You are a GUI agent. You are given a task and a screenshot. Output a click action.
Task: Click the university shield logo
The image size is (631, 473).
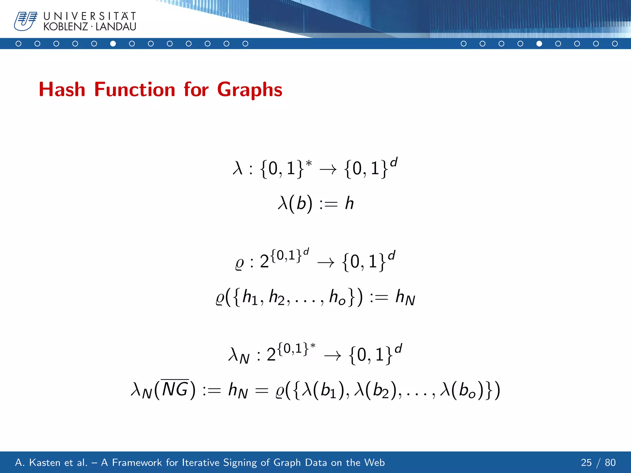coord(25,21)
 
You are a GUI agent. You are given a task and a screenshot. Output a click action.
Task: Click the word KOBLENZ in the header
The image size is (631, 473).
coord(66,27)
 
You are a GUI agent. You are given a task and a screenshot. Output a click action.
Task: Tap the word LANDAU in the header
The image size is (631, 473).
coord(116,27)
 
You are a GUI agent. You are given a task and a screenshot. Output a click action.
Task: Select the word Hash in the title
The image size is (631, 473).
coord(62,90)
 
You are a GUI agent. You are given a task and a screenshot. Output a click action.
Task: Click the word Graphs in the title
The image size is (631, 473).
coord(250,90)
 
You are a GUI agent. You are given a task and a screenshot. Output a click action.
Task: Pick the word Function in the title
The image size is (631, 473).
coord(135,90)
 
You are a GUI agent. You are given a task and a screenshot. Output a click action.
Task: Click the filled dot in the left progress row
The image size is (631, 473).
coord(113,44)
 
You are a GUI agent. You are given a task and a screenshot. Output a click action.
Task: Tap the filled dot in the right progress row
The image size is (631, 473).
coord(539,44)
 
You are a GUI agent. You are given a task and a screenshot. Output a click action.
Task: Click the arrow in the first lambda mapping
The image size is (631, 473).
coord(328,169)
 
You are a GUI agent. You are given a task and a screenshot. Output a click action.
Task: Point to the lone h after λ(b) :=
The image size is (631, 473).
coord(349,203)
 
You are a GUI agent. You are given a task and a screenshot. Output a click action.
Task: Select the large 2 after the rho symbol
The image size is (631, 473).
coord(264,261)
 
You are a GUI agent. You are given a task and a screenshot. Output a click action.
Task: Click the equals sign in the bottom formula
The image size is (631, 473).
coord(262,391)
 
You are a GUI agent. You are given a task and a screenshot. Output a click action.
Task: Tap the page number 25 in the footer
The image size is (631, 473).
coord(586,463)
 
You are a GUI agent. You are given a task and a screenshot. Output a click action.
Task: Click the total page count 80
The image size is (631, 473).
coord(610,463)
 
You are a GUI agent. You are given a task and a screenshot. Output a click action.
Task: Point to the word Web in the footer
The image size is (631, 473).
coord(374,463)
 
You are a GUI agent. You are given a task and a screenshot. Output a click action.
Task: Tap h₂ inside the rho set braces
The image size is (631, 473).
coord(277,298)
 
